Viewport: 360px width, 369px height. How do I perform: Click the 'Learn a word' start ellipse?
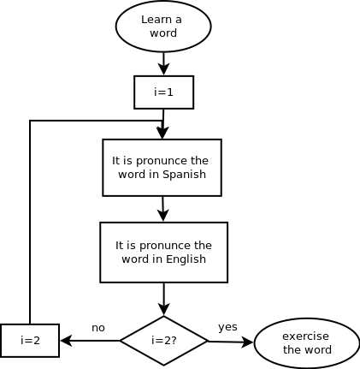pos(163,27)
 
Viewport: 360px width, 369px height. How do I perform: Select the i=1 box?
pos(164,92)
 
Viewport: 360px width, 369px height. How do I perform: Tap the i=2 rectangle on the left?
pos(30,341)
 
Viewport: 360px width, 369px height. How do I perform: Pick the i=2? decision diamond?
pos(164,341)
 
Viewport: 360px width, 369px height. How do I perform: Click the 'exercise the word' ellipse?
pos(307,343)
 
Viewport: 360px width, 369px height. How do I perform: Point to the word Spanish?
pos(184,175)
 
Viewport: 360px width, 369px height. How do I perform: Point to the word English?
pos(186,259)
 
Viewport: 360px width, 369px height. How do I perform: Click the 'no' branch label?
pos(98,328)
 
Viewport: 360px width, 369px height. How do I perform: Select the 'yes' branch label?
pos(227,327)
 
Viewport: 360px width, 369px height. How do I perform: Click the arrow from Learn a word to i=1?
pos(164,63)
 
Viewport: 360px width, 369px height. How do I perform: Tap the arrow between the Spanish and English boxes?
pos(162,209)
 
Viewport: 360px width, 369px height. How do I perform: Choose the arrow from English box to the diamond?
pos(164,299)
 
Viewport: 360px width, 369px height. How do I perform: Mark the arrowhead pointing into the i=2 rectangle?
pos(66,341)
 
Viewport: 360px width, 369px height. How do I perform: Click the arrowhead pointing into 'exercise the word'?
pos(247,342)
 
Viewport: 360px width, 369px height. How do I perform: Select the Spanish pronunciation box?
pos(162,168)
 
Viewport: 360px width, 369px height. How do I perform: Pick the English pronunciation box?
pos(164,253)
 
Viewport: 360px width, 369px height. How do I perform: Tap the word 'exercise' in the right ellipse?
pos(305,336)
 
